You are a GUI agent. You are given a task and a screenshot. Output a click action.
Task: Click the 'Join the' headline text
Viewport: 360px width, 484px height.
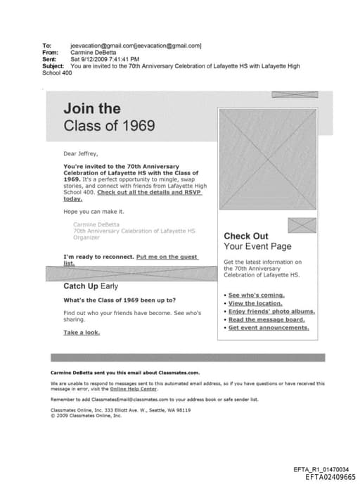tap(91, 109)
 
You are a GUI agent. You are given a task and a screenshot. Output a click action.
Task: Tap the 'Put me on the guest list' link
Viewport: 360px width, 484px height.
tap(167, 257)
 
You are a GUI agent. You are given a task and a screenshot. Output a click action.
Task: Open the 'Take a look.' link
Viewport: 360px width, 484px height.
tap(81, 332)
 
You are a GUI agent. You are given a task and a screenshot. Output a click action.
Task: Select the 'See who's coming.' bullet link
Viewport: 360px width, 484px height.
tap(256, 295)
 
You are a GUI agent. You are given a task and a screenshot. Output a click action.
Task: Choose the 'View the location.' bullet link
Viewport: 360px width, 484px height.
tap(255, 303)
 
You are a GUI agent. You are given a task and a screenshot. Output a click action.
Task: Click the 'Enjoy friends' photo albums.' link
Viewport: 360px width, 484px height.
tap(271, 311)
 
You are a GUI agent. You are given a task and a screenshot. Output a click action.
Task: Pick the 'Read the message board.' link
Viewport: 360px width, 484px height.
tap(266, 319)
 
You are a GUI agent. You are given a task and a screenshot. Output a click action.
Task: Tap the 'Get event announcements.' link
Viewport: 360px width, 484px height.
tap(269, 328)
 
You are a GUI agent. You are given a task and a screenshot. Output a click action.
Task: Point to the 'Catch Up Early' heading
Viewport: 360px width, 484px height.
tap(91, 286)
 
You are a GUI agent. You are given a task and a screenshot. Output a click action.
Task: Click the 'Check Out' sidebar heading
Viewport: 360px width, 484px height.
tap(245, 236)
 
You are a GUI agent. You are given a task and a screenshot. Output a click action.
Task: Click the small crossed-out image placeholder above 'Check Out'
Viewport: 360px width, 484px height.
tap(302, 225)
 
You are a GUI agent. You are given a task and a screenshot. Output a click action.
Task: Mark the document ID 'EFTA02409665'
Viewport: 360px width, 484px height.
tap(330, 477)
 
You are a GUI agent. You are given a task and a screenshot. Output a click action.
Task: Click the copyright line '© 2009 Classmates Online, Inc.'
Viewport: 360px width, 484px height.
tap(86, 415)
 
